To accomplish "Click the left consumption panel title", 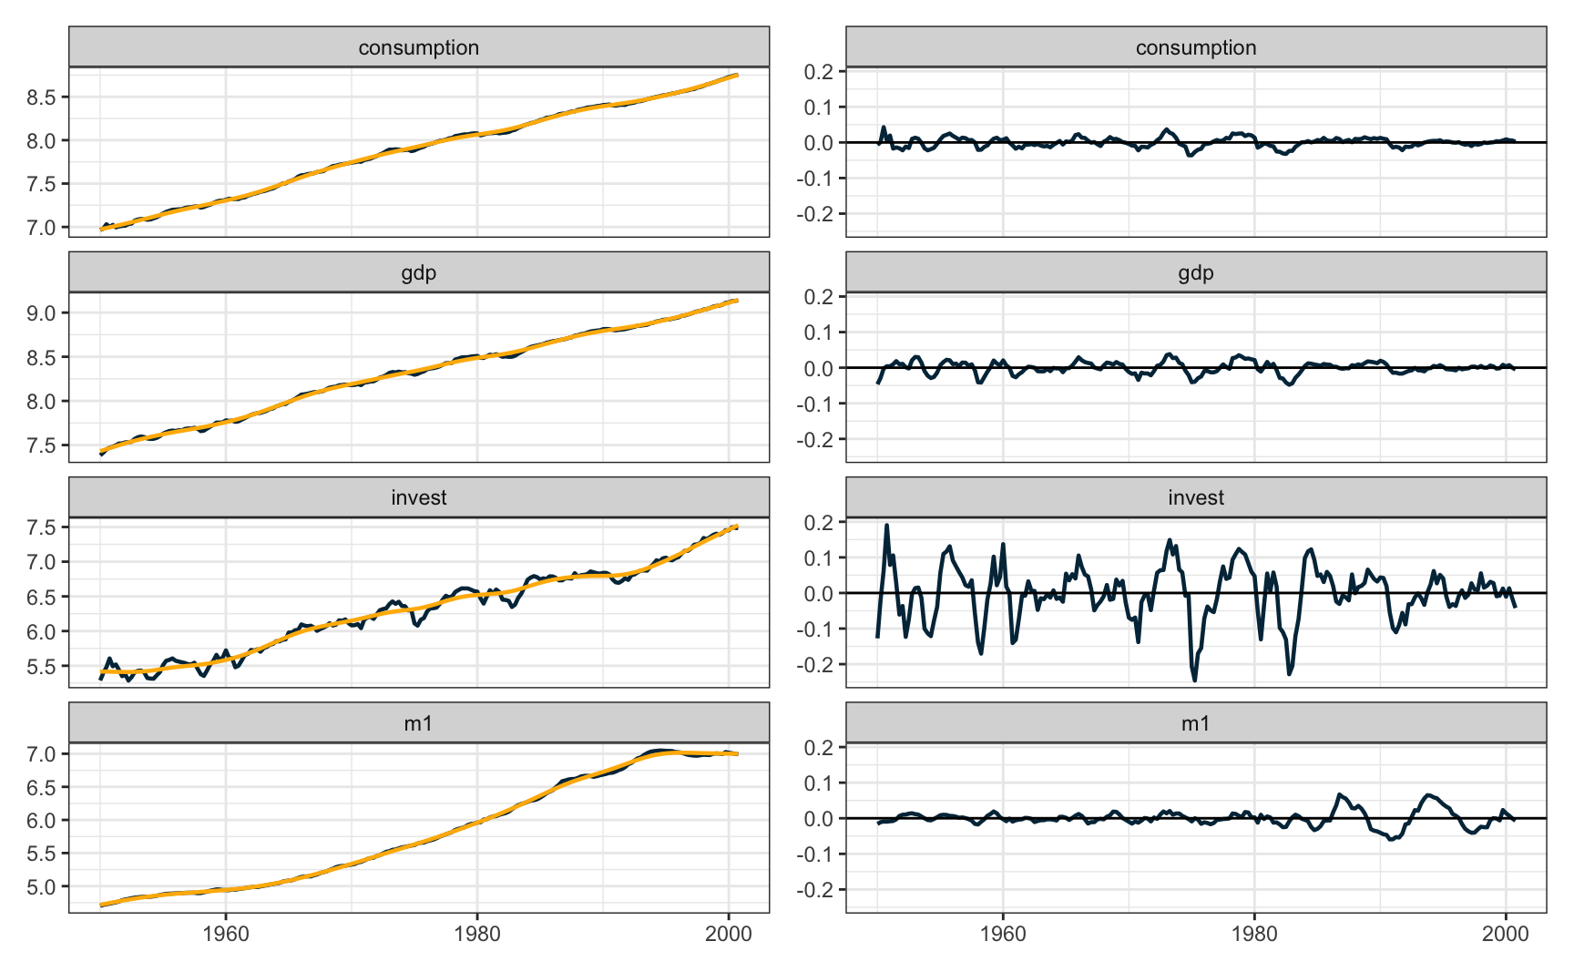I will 418,47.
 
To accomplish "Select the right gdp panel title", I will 1195,272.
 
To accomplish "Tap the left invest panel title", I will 418,497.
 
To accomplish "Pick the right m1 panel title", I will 1195,723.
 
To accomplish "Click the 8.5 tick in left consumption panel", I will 42,97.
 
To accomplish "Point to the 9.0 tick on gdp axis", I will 42,313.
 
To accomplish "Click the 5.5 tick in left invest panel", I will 42,666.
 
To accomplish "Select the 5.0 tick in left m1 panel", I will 42,886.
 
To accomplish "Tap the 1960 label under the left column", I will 226,934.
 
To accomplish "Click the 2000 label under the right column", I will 1506,934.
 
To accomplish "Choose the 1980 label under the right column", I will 1254,934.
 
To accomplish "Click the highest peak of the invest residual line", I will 886,525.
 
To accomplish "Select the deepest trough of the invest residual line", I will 1194,680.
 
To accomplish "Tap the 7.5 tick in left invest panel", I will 42,527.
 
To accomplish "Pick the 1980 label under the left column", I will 477,934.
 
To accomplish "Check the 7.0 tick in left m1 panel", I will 42,754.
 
